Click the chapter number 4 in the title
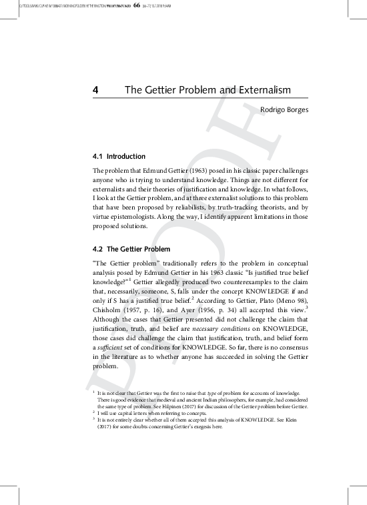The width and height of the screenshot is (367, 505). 96,89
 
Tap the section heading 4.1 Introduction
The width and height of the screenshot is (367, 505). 119,157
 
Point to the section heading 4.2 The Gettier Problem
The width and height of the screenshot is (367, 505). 132,249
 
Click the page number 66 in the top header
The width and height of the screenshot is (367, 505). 137,6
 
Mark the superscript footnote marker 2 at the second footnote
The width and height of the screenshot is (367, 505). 93,412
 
